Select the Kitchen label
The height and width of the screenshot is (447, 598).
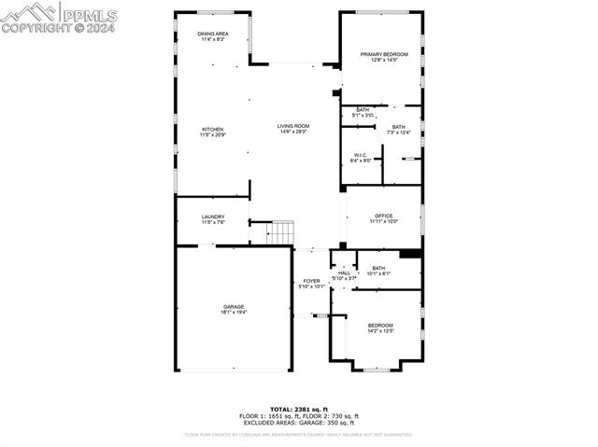(x=213, y=132)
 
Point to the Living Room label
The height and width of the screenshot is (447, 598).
(x=292, y=129)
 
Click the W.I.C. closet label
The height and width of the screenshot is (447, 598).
(x=361, y=157)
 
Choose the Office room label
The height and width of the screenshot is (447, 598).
(x=383, y=218)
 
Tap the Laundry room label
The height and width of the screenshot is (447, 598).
(x=213, y=219)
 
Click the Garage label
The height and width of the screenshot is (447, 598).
(x=233, y=309)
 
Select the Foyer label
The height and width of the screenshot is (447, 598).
(x=311, y=284)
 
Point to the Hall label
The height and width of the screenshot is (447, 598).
(x=344, y=275)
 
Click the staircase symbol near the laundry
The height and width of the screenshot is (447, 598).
(x=280, y=232)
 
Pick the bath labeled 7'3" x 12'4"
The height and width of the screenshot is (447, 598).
(x=399, y=130)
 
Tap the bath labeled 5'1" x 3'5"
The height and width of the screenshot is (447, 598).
(x=362, y=112)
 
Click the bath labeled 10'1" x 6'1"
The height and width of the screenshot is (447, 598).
(x=378, y=271)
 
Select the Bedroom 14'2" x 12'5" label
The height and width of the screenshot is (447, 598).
(x=380, y=328)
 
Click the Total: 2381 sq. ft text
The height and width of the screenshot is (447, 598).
(x=299, y=409)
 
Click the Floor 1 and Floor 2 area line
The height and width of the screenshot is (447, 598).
(x=299, y=415)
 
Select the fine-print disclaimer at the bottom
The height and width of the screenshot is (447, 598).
(x=299, y=434)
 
